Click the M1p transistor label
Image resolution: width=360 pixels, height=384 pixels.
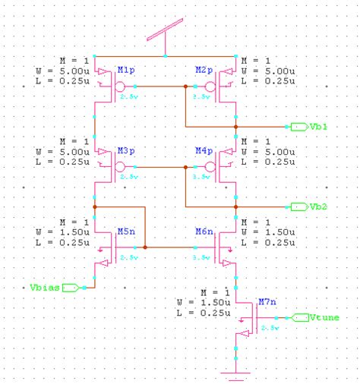click(125, 70)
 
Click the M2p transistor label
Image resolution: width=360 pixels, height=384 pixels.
click(204, 70)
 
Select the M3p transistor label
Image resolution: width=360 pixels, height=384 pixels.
click(125, 150)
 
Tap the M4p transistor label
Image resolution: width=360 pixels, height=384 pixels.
click(204, 150)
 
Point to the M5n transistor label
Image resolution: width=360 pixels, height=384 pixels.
click(125, 231)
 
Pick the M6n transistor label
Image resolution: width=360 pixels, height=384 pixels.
click(204, 231)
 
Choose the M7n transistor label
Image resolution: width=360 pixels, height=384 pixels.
click(267, 301)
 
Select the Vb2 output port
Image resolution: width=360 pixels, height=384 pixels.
click(298, 206)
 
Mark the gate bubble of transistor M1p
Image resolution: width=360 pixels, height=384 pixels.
click(120, 86)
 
